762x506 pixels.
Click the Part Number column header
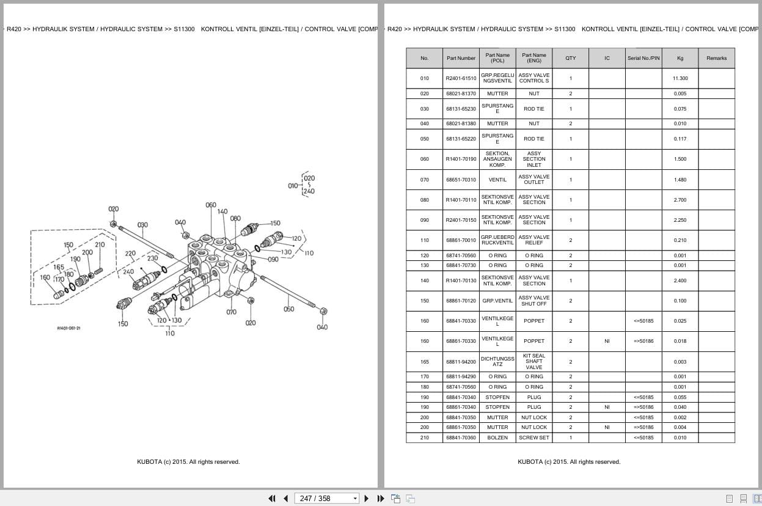click(x=461, y=58)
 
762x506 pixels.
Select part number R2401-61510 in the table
click(x=461, y=78)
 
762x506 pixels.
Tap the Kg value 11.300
click(x=680, y=78)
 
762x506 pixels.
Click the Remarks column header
click(x=716, y=58)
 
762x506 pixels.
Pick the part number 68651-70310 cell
click(x=461, y=180)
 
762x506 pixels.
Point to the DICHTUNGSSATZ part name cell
click(x=497, y=362)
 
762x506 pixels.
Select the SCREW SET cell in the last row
click(x=534, y=438)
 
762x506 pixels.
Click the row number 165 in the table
click(x=425, y=362)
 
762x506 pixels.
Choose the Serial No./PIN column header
click(x=643, y=58)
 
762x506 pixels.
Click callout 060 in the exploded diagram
click(x=211, y=205)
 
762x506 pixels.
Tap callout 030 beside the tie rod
click(x=142, y=225)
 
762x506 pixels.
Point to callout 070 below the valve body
click(x=231, y=312)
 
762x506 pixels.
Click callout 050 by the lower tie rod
click(x=288, y=309)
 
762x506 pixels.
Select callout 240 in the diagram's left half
click(x=128, y=272)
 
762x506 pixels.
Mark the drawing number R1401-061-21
click(x=68, y=328)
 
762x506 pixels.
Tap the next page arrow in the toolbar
click(x=367, y=498)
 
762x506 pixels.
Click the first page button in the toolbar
click(x=272, y=498)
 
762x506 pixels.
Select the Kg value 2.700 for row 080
click(x=680, y=200)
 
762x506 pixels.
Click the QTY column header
click(x=570, y=58)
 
